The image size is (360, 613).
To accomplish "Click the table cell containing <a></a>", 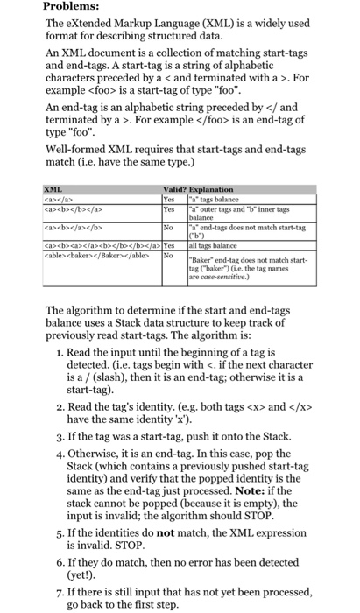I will click(x=59, y=198).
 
